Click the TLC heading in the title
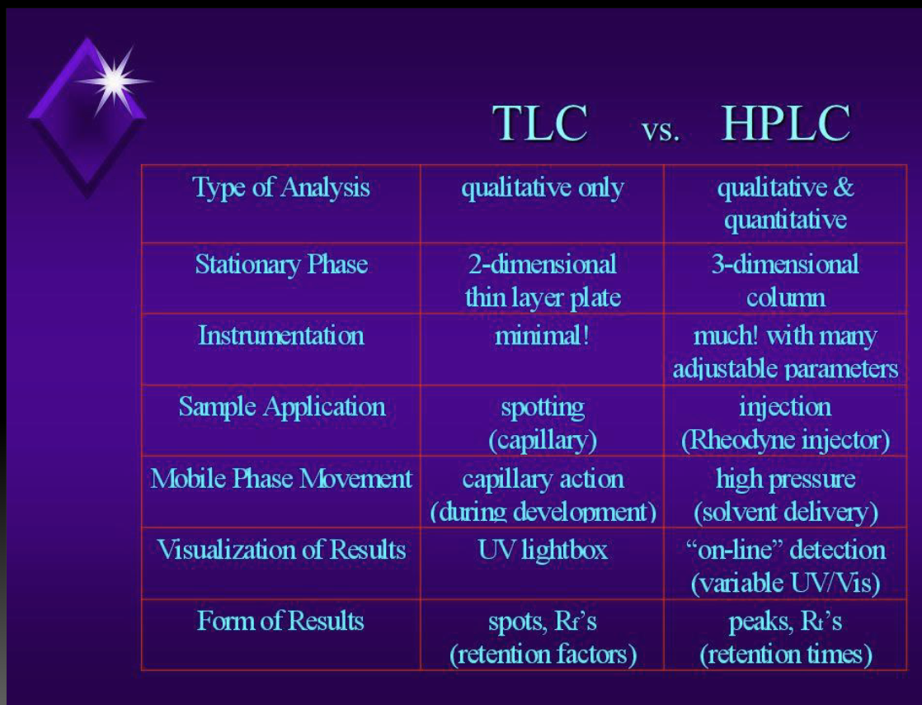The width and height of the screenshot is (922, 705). point(540,124)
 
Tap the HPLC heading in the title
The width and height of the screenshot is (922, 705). point(785,124)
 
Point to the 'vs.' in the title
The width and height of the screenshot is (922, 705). point(660,131)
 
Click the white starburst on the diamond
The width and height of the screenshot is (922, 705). point(113,80)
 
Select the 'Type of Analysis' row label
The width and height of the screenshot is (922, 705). point(281,187)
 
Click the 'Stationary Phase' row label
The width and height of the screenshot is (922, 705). point(281,264)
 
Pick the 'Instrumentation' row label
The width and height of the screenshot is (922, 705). point(280,335)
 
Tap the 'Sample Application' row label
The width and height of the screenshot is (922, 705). point(281,406)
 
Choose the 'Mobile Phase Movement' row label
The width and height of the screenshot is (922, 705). point(281,479)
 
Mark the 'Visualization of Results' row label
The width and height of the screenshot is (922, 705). point(281,550)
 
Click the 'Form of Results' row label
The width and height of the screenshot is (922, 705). point(280,620)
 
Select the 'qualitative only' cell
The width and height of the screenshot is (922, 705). point(542,187)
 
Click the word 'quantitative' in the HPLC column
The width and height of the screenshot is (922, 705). point(785,220)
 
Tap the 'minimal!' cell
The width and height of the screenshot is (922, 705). point(542,336)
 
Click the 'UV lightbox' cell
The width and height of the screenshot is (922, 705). point(542,550)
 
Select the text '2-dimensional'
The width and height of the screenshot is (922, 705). point(542,264)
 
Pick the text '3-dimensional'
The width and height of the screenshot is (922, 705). point(785,264)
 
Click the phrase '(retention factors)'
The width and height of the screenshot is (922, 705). point(543,655)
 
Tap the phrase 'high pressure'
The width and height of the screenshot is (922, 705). point(785,479)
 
